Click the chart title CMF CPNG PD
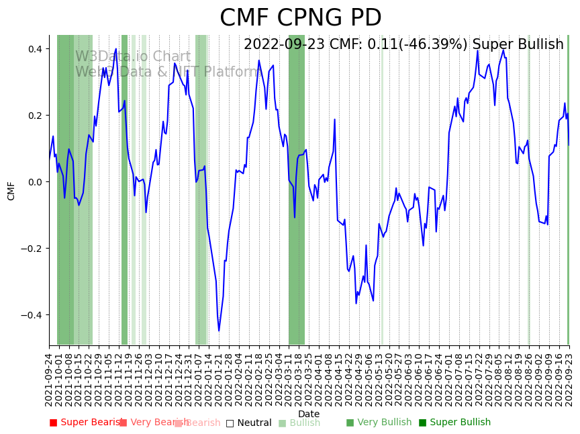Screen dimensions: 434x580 coord(300,18)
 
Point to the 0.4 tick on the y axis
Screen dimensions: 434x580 coord(34,49)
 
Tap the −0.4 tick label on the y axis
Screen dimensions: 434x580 coord(32,315)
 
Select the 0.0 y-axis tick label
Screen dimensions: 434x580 coord(34,182)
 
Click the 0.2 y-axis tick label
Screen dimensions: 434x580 coord(34,116)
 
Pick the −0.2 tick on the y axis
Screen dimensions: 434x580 coord(32,249)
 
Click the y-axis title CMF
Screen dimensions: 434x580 coord(11,190)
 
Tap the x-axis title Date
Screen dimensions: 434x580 coord(309,414)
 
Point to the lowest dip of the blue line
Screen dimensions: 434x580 coord(219,331)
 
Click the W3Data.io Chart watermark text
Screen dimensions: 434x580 coord(132,56)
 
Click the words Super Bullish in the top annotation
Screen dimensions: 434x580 coord(518,45)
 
